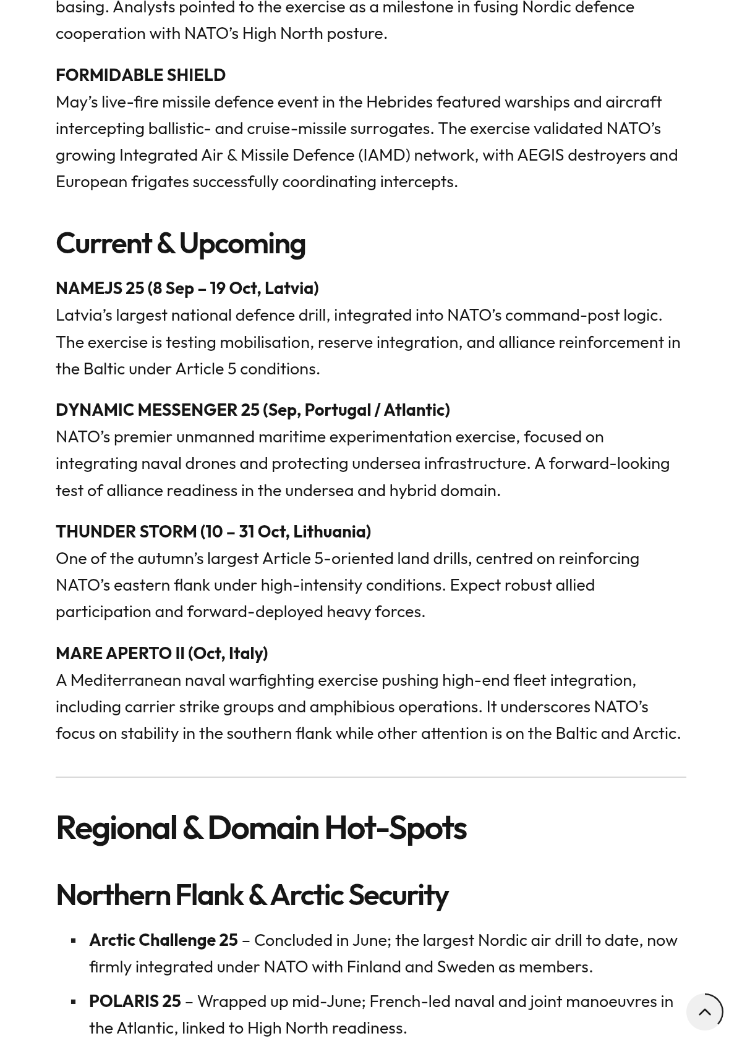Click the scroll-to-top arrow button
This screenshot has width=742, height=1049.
coord(704,1012)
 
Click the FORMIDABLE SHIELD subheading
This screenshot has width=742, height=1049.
coord(140,75)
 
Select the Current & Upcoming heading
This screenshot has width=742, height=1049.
coord(180,243)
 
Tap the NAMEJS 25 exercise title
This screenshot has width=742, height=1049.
coord(187,288)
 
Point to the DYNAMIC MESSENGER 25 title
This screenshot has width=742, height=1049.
coord(252,410)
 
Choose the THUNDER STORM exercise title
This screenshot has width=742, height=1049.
coord(213,531)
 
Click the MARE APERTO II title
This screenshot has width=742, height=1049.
coord(161,653)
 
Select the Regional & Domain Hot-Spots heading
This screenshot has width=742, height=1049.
coord(260,827)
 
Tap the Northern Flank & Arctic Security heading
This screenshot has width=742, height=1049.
coord(252,895)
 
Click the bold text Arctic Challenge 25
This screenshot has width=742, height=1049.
coord(163,940)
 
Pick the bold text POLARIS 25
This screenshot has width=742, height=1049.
coord(135,1001)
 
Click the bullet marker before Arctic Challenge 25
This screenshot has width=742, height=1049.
coord(74,941)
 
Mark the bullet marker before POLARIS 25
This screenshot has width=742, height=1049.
coord(74,1001)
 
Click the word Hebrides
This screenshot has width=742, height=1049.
coord(399,101)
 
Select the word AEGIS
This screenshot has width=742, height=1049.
coord(540,154)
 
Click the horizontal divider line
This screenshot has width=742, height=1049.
coord(371,777)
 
